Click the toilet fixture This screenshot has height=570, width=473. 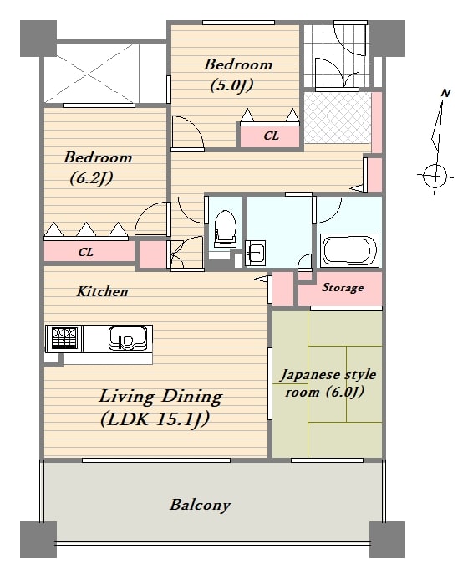coord(225,229)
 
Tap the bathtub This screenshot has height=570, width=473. coord(349,251)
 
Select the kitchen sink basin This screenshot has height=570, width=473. coord(129,338)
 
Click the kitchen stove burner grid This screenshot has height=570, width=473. coord(64,338)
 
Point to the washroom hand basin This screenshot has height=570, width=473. coord(255,253)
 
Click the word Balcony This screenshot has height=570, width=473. coord(200,505)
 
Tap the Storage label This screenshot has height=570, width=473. coord(343,288)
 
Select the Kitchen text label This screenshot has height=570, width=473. coord(102,291)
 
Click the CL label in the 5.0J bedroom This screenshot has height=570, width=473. coord(271,136)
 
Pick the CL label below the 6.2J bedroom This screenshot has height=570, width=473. coord(86,252)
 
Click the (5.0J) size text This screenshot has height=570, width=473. coord(231,85)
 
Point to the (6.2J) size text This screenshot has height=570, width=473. coord(91,178)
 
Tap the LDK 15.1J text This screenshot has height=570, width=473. coord(155,419)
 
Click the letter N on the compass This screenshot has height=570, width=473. coord(445,93)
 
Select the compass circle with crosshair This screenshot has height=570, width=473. coord(435,177)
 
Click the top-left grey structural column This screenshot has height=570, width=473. coord(38,39)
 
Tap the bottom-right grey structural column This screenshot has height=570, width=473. coord(387,540)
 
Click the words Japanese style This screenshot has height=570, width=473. coord(328,375)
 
